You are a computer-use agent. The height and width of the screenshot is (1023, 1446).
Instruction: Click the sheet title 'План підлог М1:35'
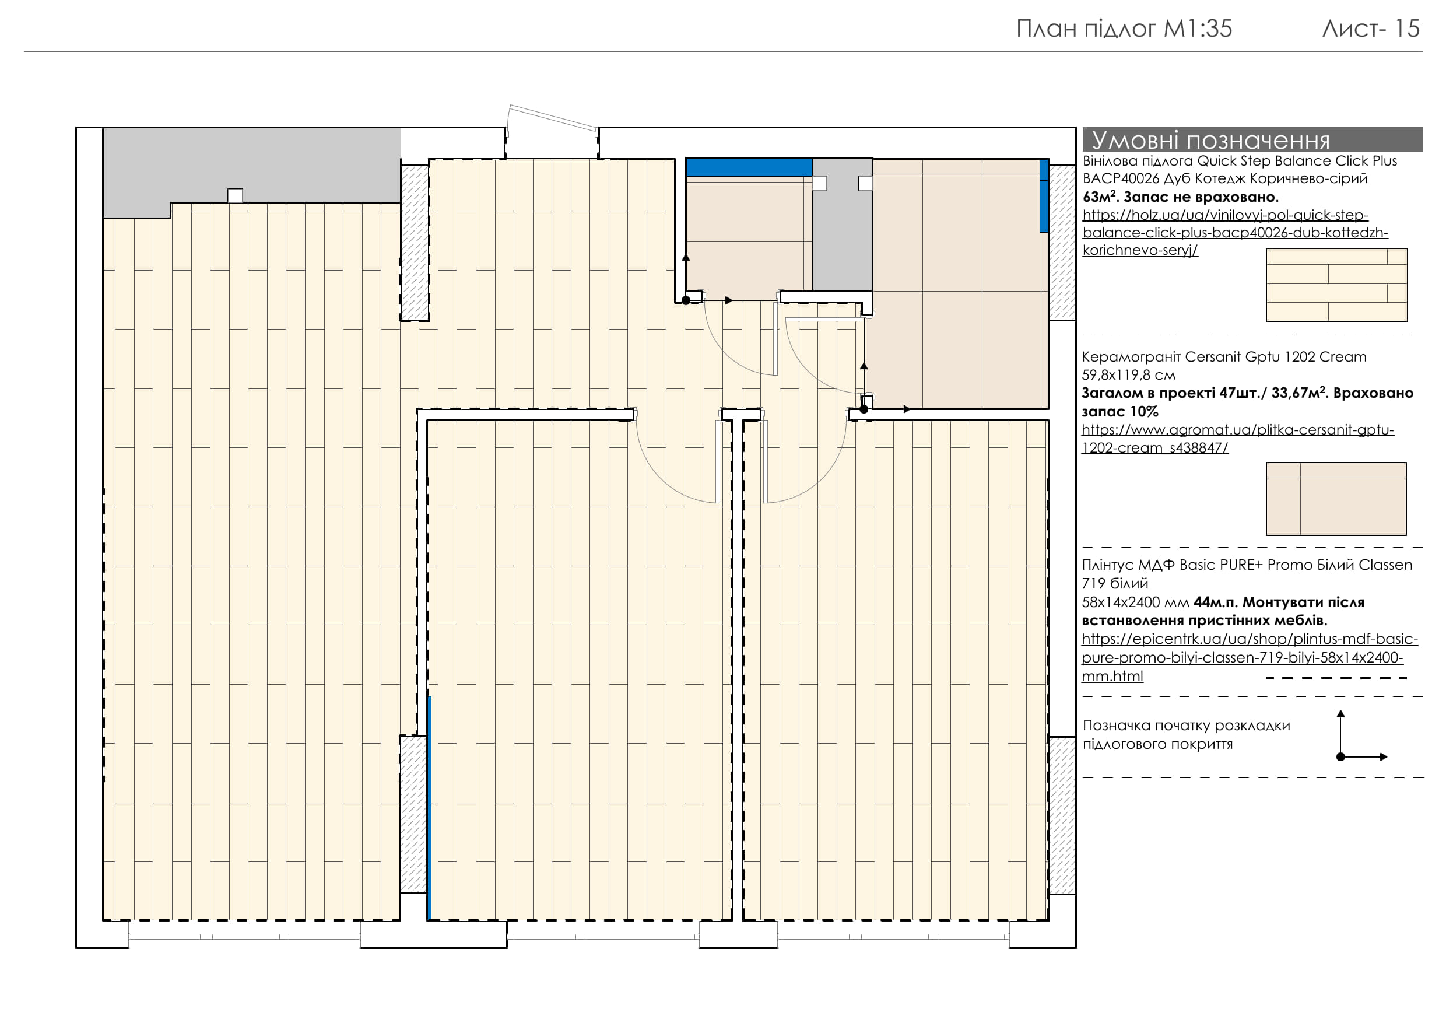tap(1124, 29)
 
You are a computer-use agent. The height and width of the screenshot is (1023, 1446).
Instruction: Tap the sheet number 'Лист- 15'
tap(1371, 29)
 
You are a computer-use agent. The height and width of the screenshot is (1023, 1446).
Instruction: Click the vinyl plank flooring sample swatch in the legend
tap(1336, 285)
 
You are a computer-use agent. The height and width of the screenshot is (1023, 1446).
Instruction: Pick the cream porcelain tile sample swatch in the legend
tap(1336, 499)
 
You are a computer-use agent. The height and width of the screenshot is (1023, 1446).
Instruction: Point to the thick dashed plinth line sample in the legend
tap(1336, 678)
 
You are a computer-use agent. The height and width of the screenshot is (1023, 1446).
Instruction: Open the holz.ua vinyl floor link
tap(1235, 233)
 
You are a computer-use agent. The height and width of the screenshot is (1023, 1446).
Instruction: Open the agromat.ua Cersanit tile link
tap(1237, 439)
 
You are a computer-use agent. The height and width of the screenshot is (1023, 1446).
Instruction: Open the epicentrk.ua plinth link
tap(1250, 657)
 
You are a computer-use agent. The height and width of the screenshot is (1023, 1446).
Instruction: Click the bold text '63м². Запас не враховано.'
tap(1180, 197)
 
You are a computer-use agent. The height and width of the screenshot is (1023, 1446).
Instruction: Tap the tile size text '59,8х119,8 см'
tap(1129, 376)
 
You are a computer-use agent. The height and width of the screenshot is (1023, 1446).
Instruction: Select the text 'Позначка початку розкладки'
tap(1187, 726)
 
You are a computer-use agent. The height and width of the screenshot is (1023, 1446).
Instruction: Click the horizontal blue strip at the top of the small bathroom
tap(749, 167)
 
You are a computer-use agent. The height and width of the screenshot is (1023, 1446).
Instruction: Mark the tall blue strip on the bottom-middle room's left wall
tap(429, 808)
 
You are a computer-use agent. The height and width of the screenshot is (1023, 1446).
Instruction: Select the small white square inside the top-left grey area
tap(235, 195)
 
